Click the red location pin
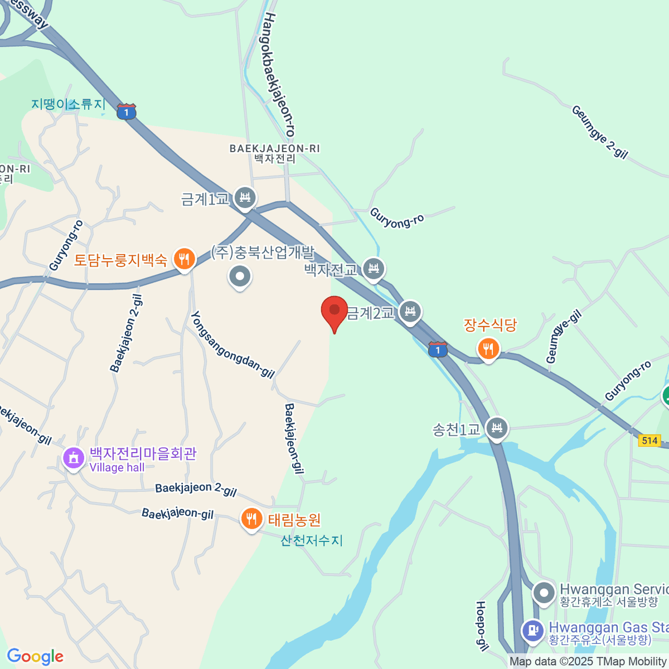point(334,311)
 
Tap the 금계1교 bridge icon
point(245,197)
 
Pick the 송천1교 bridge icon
point(497,428)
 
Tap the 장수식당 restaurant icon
point(488,349)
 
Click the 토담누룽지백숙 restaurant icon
point(184,259)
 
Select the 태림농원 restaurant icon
point(252,519)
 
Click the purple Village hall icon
point(74,458)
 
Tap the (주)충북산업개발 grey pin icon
point(240,276)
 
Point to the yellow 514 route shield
point(649,440)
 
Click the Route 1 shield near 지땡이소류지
point(127,112)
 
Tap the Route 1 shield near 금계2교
point(438,350)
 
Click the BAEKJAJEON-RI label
point(275,149)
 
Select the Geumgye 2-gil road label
point(599,132)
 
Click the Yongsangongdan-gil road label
point(232,345)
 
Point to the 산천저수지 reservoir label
point(312,540)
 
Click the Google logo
point(35,657)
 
